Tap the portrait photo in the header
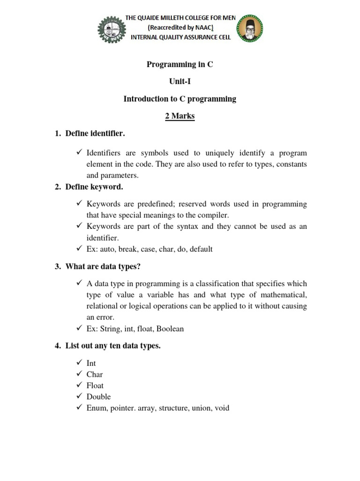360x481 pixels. click(250, 28)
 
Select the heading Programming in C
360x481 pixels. click(180, 64)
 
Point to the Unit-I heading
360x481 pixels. click(180, 82)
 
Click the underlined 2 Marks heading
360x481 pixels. click(180, 116)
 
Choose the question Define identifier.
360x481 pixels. click(95, 134)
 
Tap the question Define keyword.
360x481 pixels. click(94, 187)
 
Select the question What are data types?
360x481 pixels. click(103, 267)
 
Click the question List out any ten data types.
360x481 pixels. click(113, 346)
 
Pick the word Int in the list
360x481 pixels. click(91, 363)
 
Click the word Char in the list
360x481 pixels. click(95, 374)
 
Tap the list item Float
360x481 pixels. click(95, 386)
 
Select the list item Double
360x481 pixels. click(98, 397)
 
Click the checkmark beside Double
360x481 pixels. click(78, 396)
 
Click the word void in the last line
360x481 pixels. click(221, 408)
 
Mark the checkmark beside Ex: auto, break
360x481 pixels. click(78, 248)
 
